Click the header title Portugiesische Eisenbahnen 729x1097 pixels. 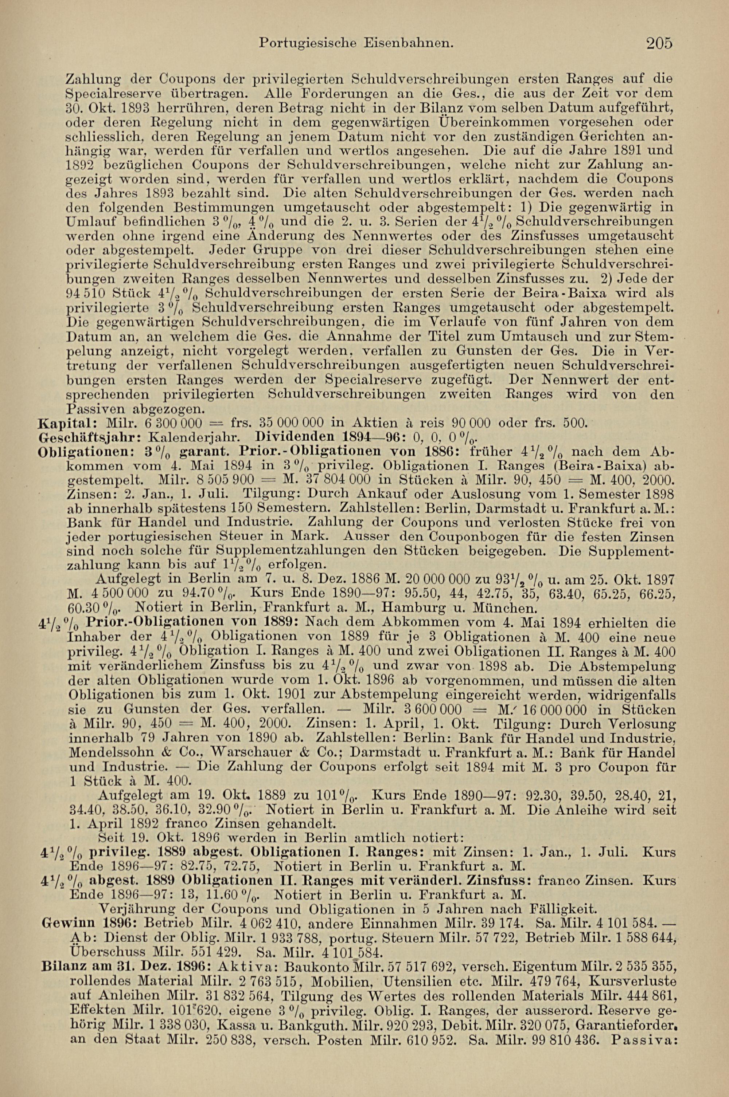[x=356, y=44]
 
